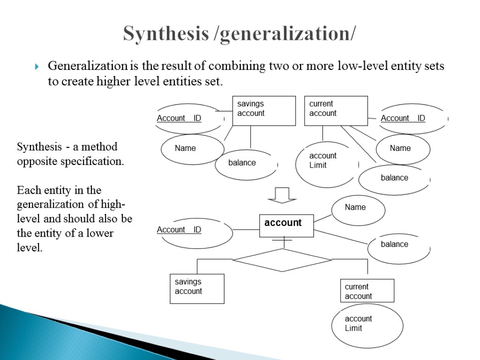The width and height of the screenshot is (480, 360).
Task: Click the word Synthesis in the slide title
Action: (x=166, y=34)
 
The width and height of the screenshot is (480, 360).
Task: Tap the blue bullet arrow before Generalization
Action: (x=38, y=67)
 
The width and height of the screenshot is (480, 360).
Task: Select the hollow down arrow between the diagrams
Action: (x=282, y=195)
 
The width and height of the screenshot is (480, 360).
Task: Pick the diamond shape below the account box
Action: (x=282, y=260)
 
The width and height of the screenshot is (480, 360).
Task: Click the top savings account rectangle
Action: (x=264, y=111)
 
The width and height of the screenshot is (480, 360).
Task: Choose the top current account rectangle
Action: (x=336, y=111)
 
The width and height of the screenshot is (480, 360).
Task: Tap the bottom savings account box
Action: (x=197, y=288)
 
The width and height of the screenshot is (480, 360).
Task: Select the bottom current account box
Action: (x=367, y=291)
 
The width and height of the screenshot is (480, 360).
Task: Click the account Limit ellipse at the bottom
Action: (x=367, y=326)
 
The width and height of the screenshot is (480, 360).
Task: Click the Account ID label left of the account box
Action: (x=179, y=230)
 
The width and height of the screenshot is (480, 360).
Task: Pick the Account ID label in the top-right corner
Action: (x=403, y=118)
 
